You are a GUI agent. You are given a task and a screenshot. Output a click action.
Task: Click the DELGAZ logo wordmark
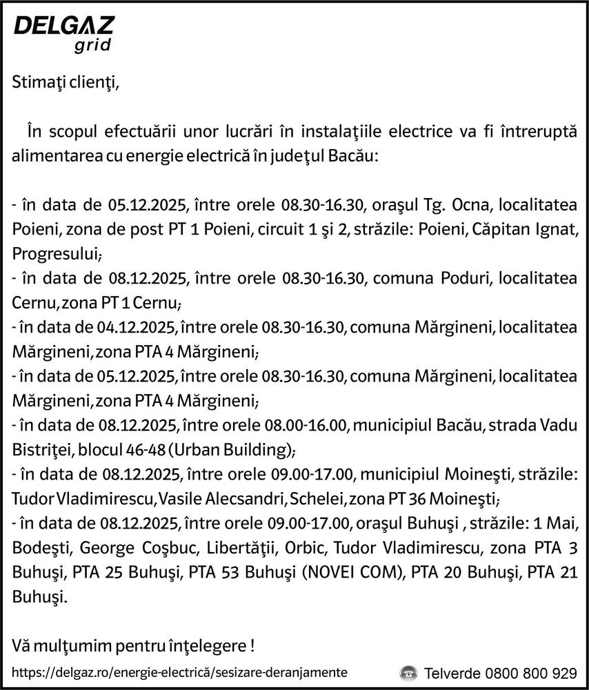[64, 26]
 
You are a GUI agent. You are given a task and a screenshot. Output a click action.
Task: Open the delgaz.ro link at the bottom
[180, 671]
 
